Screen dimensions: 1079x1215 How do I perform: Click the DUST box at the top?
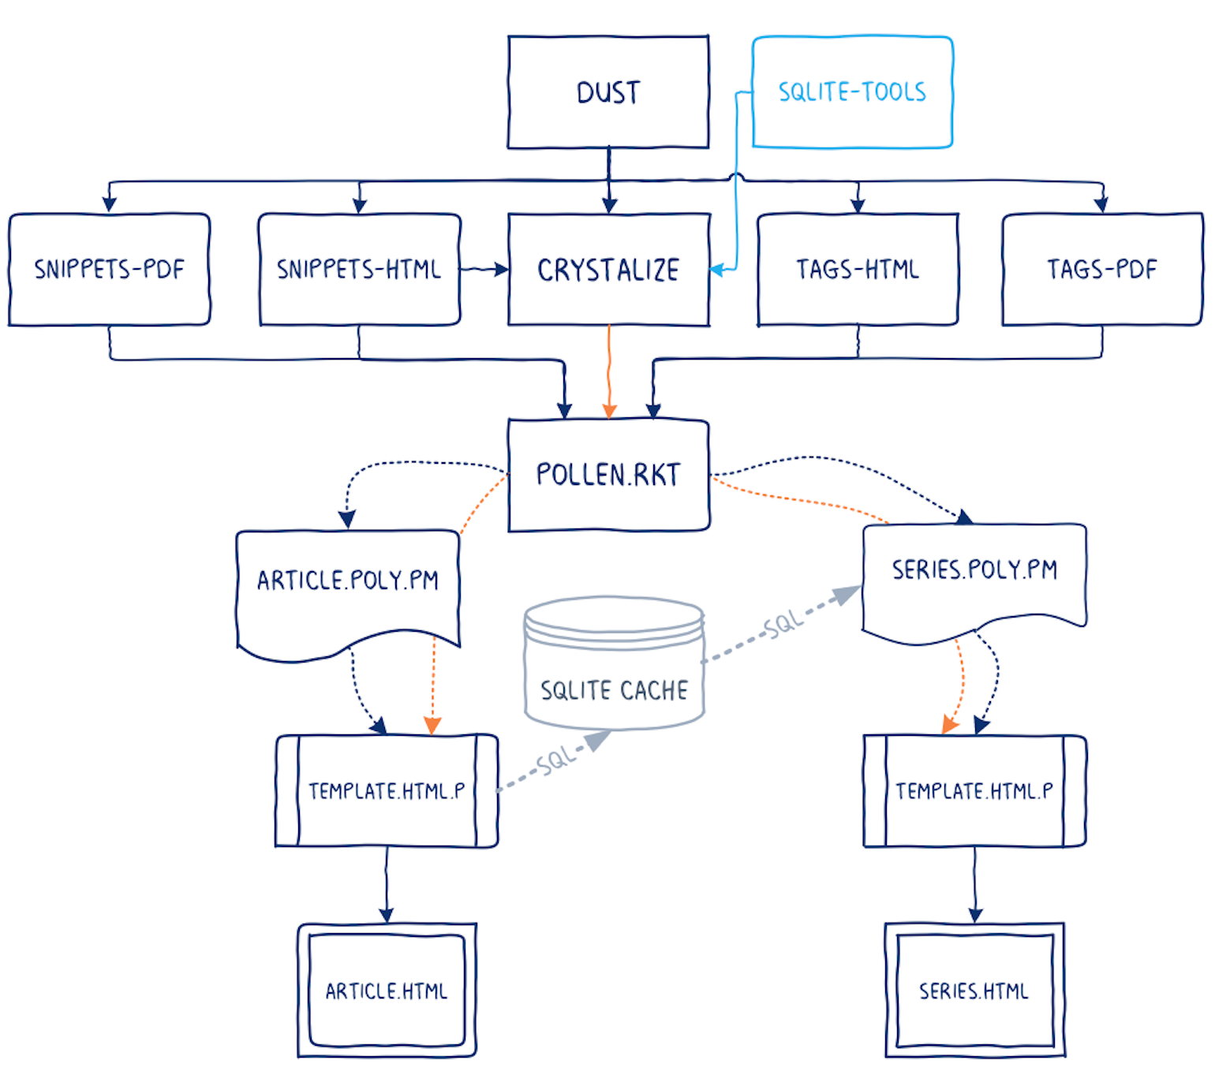pyautogui.click(x=607, y=92)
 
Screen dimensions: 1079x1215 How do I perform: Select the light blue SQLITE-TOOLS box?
pyautogui.click(x=852, y=92)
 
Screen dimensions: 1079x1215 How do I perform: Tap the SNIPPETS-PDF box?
pyautogui.click(x=109, y=269)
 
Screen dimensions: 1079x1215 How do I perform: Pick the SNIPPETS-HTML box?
pyautogui.click(x=359, y=269)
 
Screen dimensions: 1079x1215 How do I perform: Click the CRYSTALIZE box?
pyautogui.click(x=607, y=269)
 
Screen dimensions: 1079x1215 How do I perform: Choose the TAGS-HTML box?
pyautogui.click(x=858, y=269)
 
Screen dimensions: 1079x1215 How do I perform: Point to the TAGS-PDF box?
pyautogui.click(x=1101, y=269)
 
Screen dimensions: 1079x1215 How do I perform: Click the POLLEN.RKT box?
pyautogui.click(x=607, y=475)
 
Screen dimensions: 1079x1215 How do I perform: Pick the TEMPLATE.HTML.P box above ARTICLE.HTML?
pyautogui.click(x=387, y=790)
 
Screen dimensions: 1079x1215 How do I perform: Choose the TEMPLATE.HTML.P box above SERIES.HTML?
pyautogui.click(x=974, y=790)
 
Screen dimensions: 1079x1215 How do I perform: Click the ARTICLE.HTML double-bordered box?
pyautogui.click(x=387, y=990)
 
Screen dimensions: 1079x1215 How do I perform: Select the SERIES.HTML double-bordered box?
pyautogui.click(x=974, y=990)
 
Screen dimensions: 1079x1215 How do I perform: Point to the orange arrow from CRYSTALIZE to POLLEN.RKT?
pyautogui.click(x=609, y=371)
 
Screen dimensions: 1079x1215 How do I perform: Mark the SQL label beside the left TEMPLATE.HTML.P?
pyautogui.click(x=556, y=761)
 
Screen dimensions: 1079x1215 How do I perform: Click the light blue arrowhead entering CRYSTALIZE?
pyautogui.click(x=716, y=270)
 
